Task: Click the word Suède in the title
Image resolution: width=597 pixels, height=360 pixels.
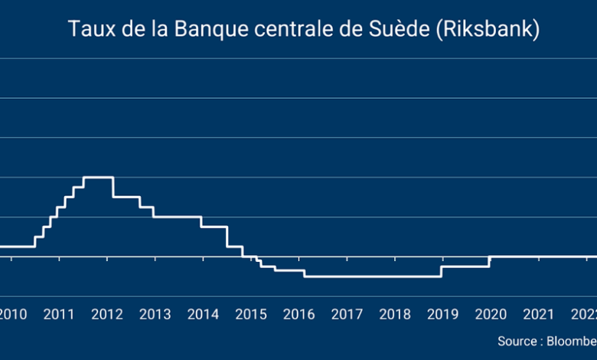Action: [418, 30]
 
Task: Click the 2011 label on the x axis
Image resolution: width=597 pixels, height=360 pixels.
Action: [59, 314]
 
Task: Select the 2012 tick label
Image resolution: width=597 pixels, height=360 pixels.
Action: [107, 314]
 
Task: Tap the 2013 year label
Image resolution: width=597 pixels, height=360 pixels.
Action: [155, 314]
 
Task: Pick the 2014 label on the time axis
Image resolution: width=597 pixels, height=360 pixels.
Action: [203, 314]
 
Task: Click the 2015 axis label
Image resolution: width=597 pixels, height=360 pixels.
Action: [251, 314]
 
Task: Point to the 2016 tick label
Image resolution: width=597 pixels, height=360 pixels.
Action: [299, 314]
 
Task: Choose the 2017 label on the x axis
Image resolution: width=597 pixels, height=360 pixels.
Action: [347, 314]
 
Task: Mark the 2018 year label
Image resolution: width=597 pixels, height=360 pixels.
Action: [395, 314]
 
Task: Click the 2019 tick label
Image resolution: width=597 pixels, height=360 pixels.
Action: [443, 314]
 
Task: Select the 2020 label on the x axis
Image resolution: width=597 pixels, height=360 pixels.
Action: [491, 314]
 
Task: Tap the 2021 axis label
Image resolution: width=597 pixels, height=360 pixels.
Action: [539, 314]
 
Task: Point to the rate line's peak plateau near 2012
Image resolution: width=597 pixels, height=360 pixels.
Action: [98, 177]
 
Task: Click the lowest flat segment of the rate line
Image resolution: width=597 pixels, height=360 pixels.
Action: [373, 276]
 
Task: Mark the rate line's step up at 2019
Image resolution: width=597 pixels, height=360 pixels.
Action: [442, 271]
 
